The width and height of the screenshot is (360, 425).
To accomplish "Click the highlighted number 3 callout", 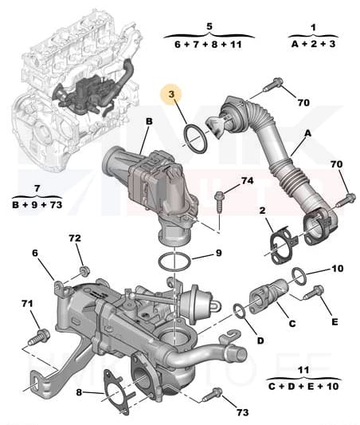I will tap(170, 95).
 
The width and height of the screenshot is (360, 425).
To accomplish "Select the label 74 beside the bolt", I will tap(248, 182).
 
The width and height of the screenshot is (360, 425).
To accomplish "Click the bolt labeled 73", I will tap(213, 394).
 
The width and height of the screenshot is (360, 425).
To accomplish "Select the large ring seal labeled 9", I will tap(172, 261).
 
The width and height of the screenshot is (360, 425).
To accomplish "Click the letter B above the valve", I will tap(147, 122).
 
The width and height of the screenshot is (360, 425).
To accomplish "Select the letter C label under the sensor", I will tap(292, 323).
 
